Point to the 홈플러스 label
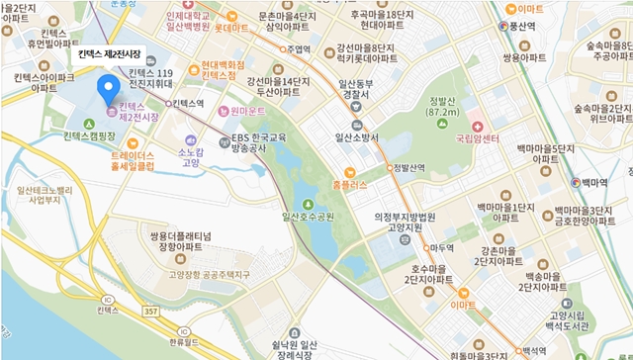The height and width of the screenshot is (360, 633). (349, 184)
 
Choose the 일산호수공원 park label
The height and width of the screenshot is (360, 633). (309, 216)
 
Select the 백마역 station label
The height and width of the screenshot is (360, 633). (594, 182)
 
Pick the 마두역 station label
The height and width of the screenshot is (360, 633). (441, 248)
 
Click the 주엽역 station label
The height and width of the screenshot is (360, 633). (298, 47)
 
